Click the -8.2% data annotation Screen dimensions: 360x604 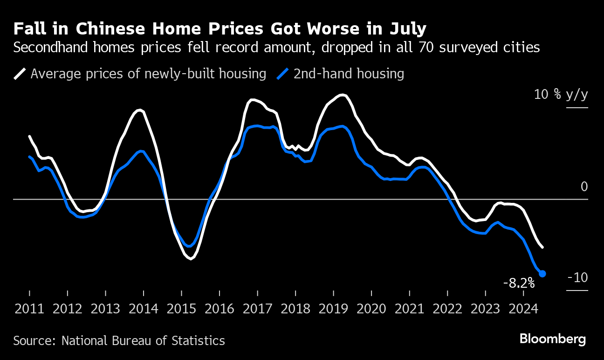[x=519, y=283]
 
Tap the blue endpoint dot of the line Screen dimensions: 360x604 [x=542, y=274]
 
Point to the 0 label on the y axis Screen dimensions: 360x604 [x=584, y=187]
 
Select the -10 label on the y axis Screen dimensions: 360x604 [x=577, y=277]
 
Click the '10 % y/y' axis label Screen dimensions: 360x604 [x=561, y=95]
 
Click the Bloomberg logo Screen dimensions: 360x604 [x=553, y=339]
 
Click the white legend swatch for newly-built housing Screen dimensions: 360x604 [x=20, y=74]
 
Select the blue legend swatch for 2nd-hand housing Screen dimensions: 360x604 [x=283, y=74]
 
